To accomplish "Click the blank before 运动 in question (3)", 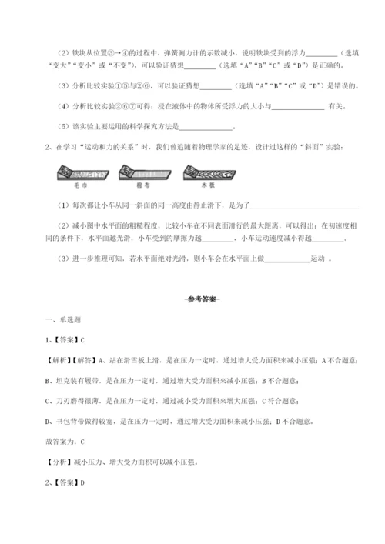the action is (x=287, y=259).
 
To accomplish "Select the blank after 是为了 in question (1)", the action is (x=304, y=205).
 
